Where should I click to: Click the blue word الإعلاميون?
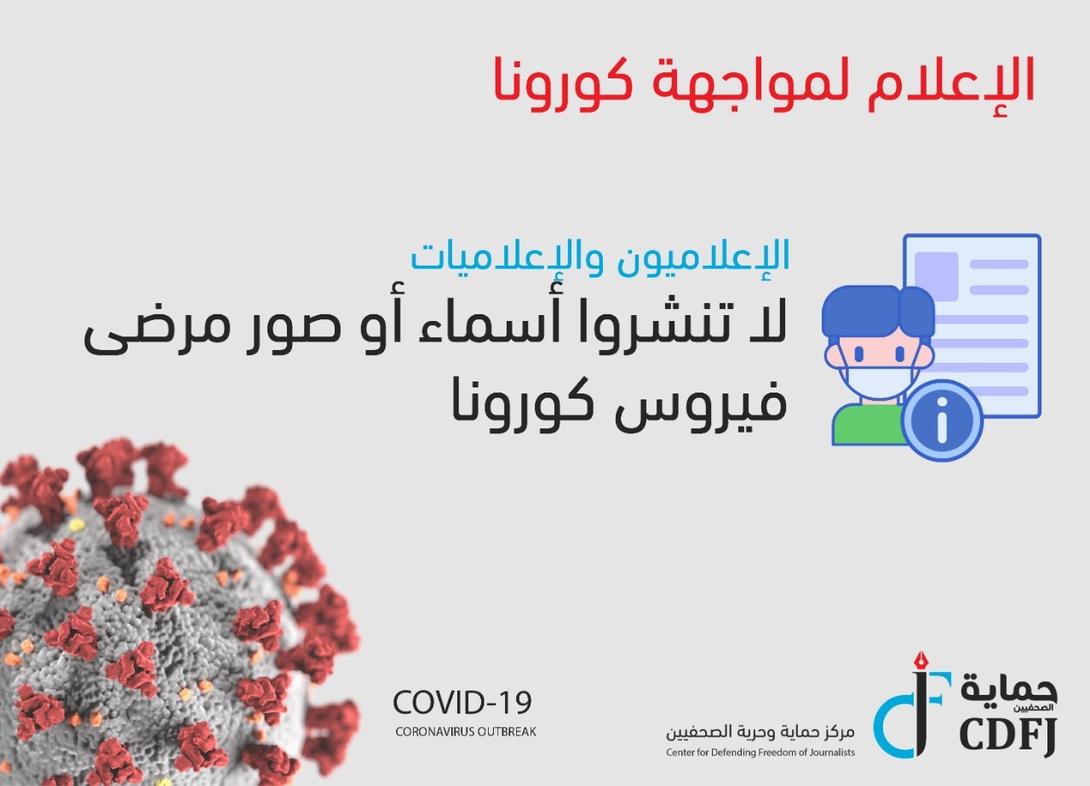coord(703,256)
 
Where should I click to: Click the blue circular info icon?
coord(942,421)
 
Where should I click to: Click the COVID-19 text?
coord(462,703)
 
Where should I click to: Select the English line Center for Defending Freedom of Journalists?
coord(760,753)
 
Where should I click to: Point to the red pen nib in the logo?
coord(921,661)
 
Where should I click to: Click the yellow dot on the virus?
coord(77,525)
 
